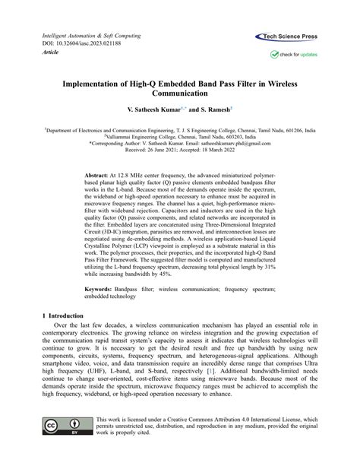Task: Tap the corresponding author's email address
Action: [x=240, y=142]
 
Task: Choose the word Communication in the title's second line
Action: [x=179, y=94]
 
